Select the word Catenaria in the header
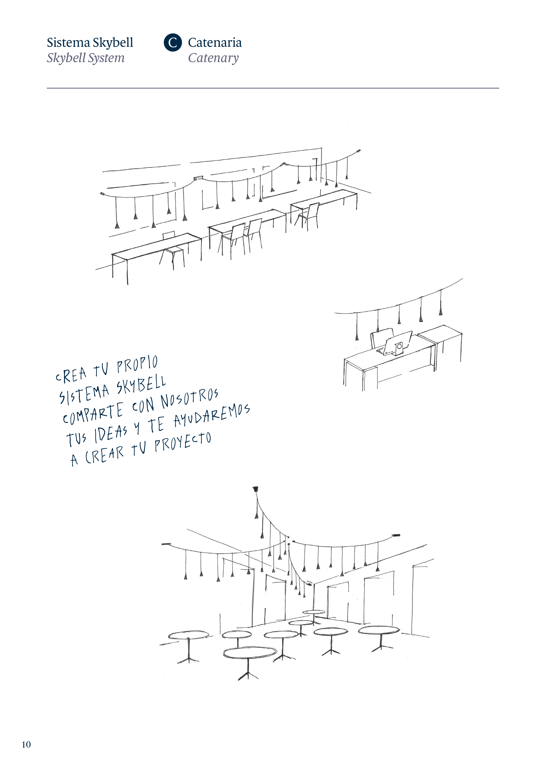point(215,43)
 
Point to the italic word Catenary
point(213,58)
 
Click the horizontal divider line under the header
point(273,88)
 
